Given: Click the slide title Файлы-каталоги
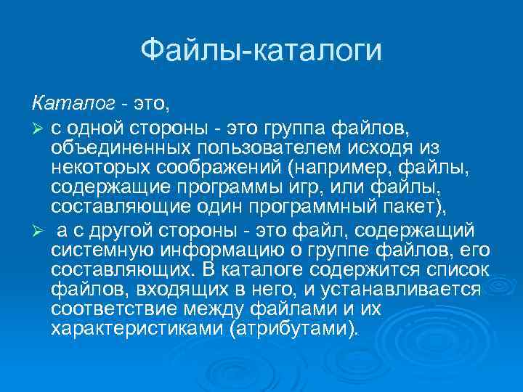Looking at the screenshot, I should coord(261,50).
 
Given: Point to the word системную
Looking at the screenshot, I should coord(99,250).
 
